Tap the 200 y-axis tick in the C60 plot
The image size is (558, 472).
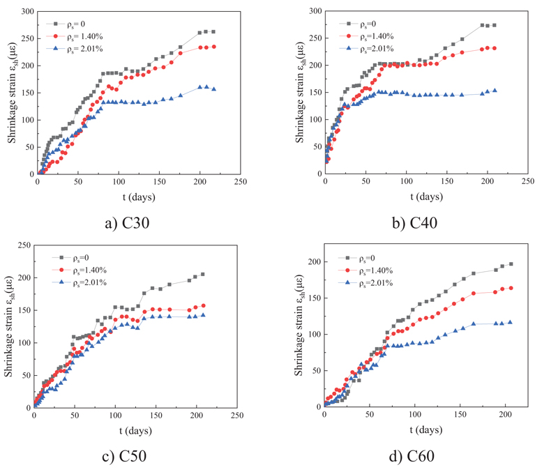311,261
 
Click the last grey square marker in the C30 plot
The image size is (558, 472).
213,31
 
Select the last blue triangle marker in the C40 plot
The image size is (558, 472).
495,90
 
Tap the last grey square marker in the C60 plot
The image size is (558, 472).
510,264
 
